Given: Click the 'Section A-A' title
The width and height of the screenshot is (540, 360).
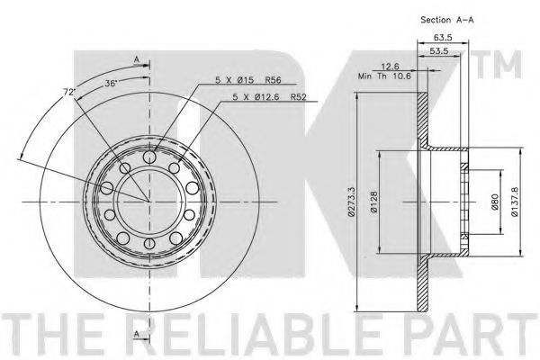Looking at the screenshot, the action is (x=446, y=20).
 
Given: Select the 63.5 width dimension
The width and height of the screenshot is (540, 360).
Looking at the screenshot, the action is (x=443, y=38).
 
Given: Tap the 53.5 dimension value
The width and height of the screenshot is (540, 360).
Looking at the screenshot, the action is (x=439, y=50).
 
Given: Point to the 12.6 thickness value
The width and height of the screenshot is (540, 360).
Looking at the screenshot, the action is (x=390, y=67).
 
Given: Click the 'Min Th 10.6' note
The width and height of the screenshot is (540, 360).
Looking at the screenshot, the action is (x=384, y=76).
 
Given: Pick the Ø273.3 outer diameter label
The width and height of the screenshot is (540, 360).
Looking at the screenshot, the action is (x=351, y=202).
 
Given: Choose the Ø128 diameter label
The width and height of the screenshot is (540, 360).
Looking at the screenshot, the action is (x=374, y=202).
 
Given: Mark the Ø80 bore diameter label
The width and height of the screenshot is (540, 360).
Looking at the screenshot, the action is (x=495, y=202).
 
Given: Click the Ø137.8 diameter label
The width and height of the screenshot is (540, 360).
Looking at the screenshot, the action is (x=515, y=202).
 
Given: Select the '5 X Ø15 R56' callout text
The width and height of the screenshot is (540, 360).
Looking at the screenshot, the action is (x=248, y=80).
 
